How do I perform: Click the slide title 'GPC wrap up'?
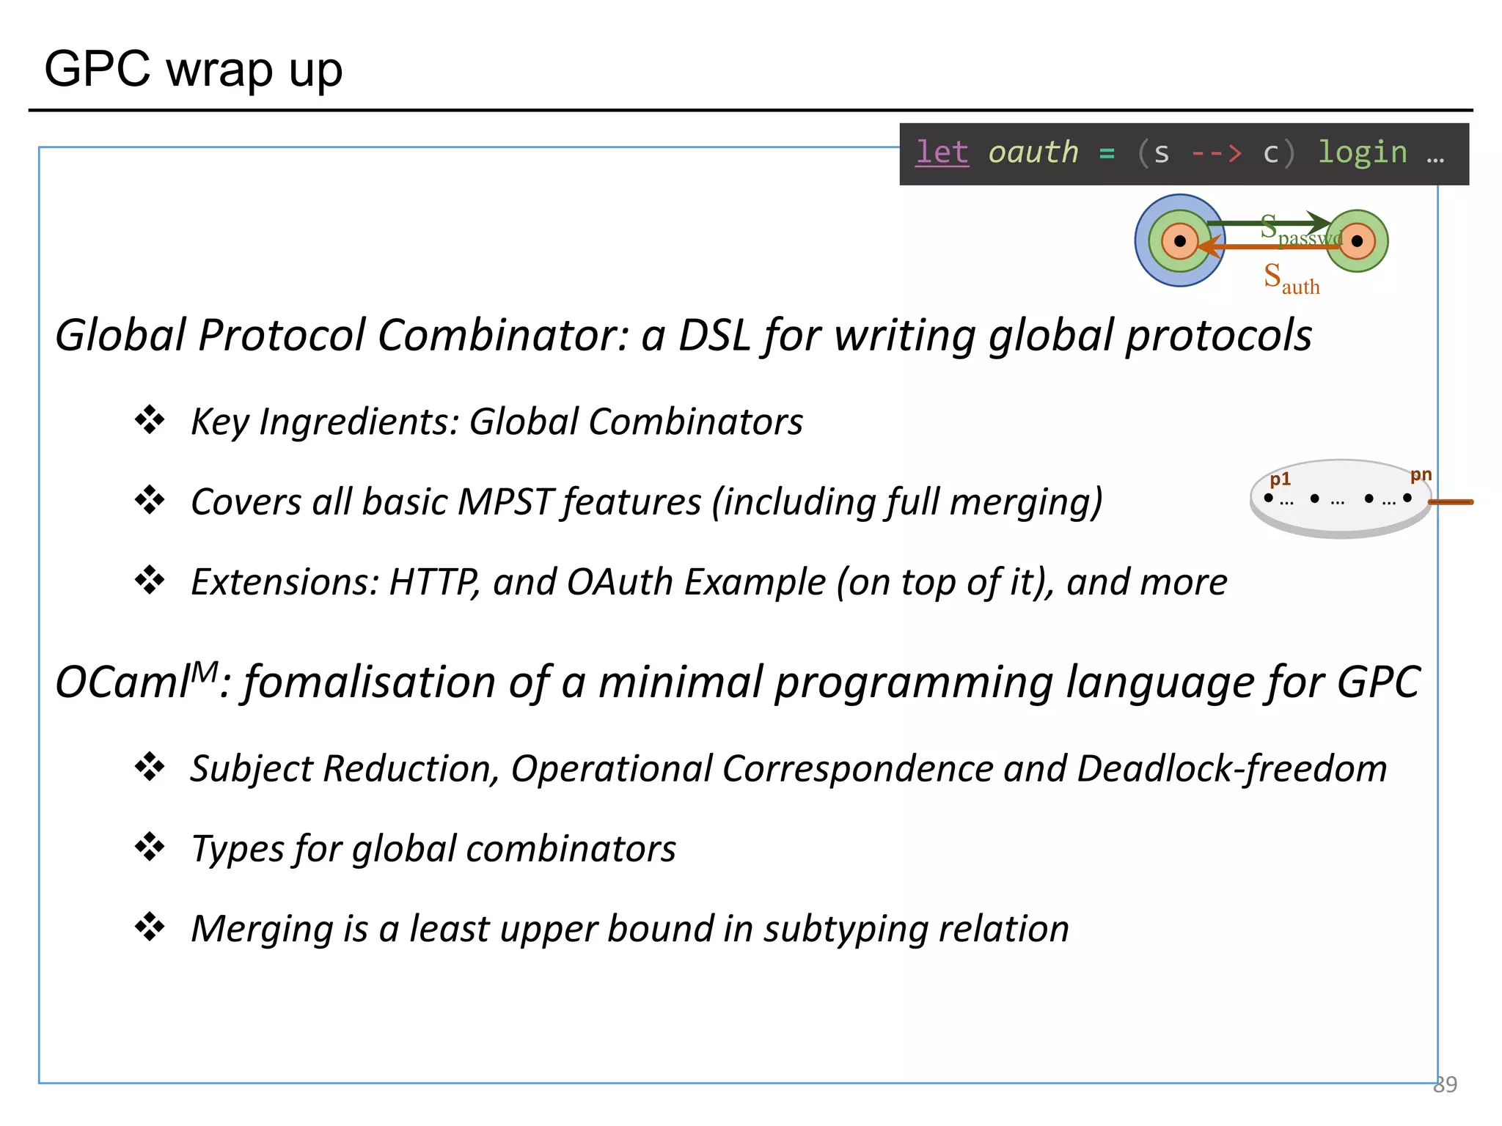coord(193,70)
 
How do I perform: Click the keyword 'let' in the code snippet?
coord(942,152)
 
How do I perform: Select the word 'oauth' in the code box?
coord(1033,152)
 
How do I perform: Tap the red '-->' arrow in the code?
coord(1216,153)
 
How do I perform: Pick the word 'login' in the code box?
coord(1362,152)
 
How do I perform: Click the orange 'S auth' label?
coord(1291,279)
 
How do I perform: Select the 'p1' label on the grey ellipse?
coord(1280,479)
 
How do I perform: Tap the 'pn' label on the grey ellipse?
coord(1421,475)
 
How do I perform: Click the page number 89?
coord(1445,1084)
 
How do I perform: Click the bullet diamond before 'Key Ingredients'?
coord(150,420)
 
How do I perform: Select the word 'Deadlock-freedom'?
coord(1232,769)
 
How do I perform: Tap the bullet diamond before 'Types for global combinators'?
coord(150,847)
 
